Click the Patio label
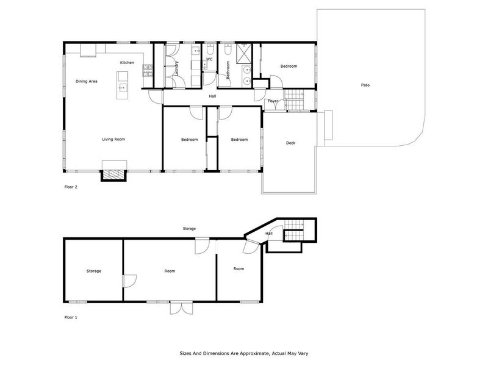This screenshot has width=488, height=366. (365, 85)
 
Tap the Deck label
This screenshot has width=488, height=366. (291, 143)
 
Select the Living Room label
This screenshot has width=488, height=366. (113, 139)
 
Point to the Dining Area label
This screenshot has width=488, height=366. (87, 81)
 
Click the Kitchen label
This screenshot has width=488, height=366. (127, 63)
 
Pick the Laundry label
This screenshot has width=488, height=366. (176, 68)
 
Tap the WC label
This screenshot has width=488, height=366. (209, 59)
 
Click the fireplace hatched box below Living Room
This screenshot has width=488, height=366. (113, 175)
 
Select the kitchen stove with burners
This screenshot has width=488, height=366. (148, 70)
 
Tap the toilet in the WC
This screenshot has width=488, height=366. (210, 49)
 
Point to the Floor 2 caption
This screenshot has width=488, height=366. (71, 187)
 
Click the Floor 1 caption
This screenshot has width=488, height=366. (71, 317)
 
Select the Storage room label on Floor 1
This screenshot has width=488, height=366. (94, 271)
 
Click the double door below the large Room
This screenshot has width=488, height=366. (181, 308)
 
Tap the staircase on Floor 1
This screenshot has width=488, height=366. (294, 230)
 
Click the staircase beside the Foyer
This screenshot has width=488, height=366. (294, 99)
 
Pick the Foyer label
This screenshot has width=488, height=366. (273, 101)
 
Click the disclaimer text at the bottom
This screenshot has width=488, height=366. (244, 353)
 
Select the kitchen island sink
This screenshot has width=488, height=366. (123, 88)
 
